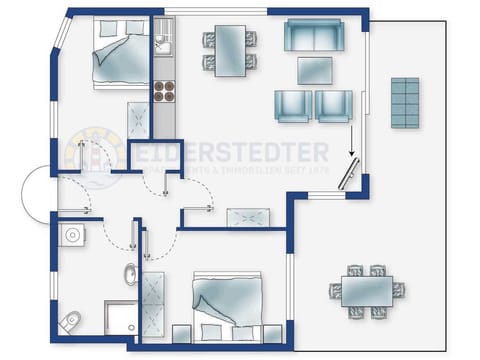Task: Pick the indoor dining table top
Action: [230, 48]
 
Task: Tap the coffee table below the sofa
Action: [316, 70]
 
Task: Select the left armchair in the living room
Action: [291, 104]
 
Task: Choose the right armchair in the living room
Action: [333, 104]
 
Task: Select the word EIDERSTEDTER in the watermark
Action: [244, 153]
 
